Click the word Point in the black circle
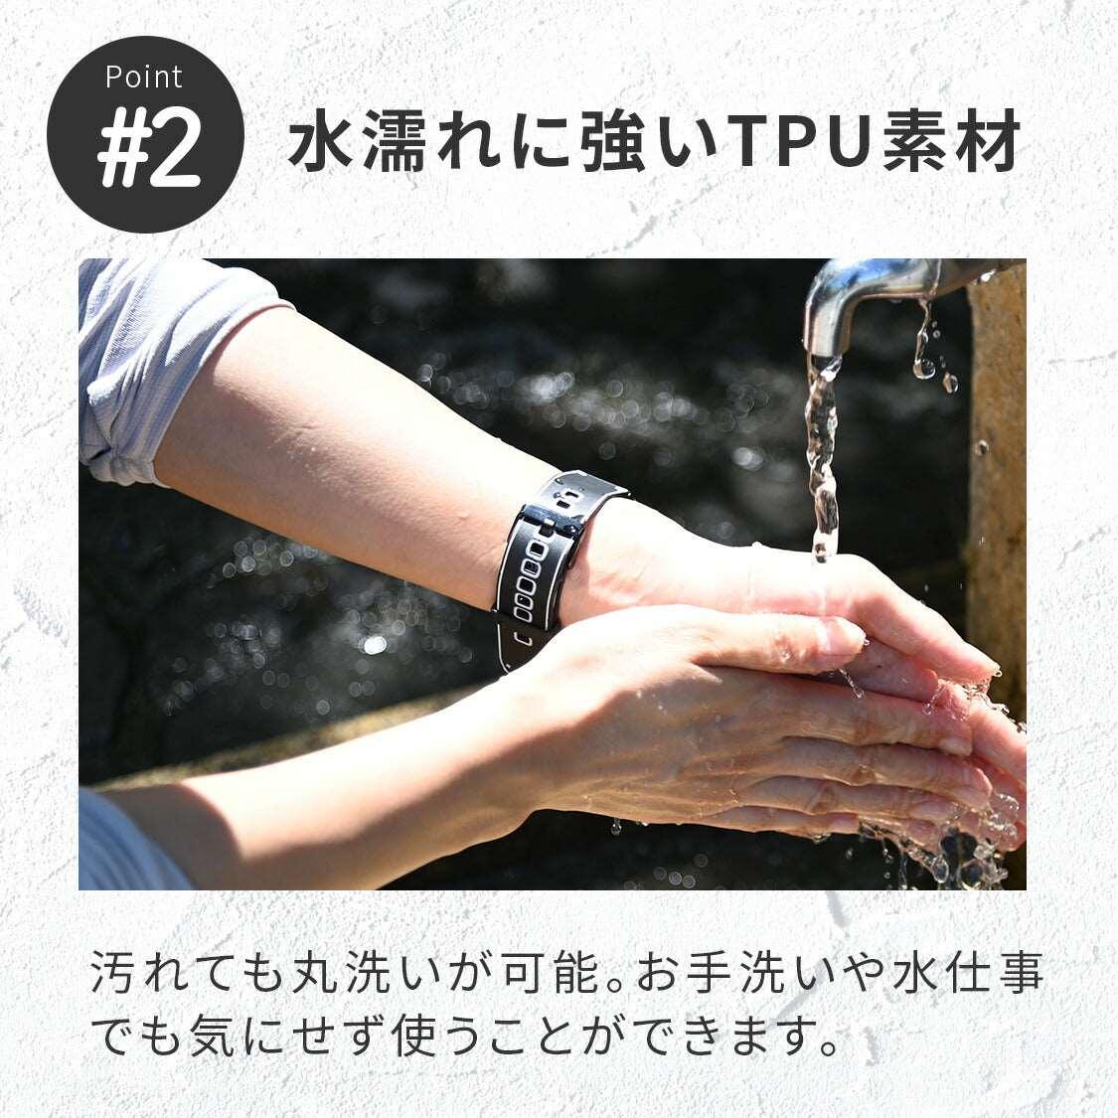point(144,77)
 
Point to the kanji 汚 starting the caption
point(113,973)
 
